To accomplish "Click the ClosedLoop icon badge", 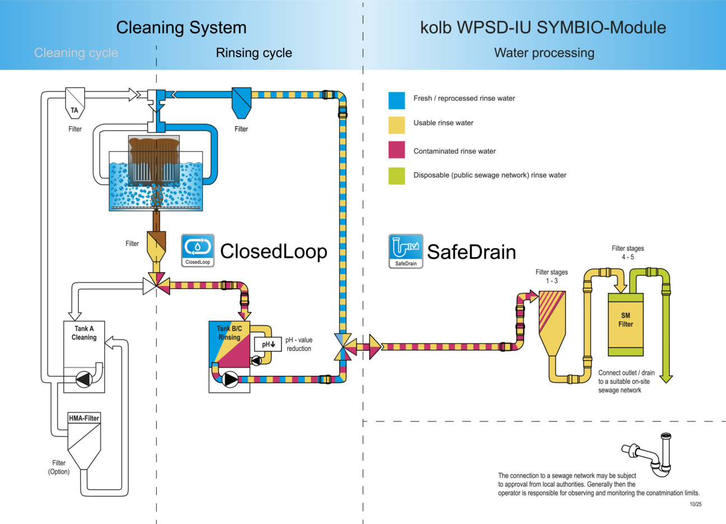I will click(198, 250).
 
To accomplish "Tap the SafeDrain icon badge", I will click(406, 251).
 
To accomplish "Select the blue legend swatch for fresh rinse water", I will click(397, 100).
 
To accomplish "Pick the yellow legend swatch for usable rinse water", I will click(397, 125).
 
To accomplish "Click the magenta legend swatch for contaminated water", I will click(397, 150).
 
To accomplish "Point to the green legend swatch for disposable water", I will click(397, 175).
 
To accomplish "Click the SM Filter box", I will click(626, 324).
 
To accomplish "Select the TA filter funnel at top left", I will click(75, 102).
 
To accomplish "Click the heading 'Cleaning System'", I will click(181, 27).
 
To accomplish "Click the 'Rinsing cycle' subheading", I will click(254, 53).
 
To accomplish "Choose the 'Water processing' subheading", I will click(544, 53).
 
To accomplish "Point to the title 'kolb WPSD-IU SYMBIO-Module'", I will click(543, 27).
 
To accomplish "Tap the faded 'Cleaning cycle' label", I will click(76, 53).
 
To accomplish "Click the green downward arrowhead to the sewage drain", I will click(666, 378).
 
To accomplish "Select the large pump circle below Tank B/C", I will click(230, 379).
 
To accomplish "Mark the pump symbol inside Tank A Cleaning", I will click(84, 379).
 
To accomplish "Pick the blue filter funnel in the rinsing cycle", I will click(241, 101).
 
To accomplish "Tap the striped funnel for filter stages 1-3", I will click(551, 319).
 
